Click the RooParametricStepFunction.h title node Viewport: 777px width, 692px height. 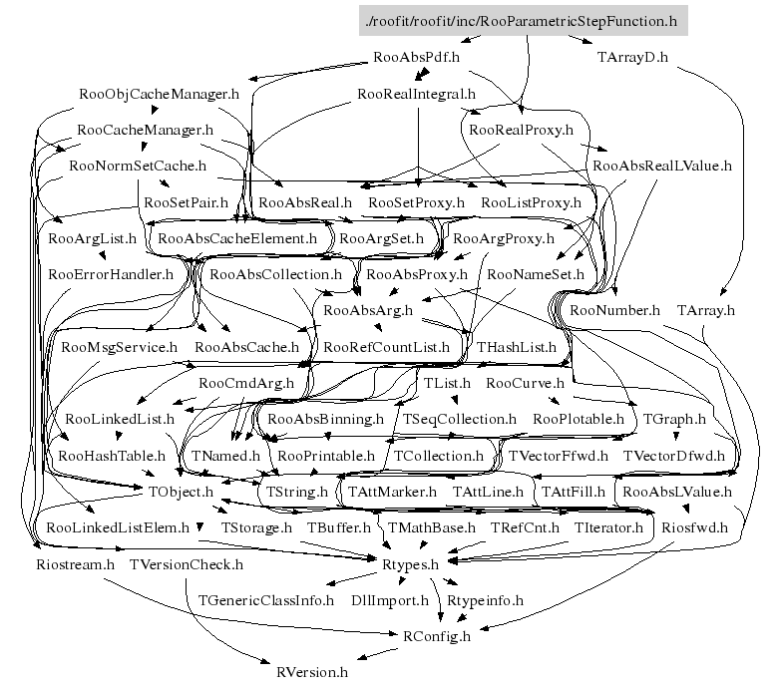tap(524, 20)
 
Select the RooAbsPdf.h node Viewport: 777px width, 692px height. tap(415, 57)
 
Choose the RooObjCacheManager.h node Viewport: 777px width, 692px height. tap(159, 94)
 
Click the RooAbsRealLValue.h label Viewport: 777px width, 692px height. tap(662, 166)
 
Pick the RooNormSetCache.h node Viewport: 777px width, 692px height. tap(138, 166)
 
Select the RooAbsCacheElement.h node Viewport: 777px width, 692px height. tap(237, 238)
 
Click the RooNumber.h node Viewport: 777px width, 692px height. tap(615, 310)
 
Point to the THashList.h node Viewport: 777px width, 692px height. tap(517, 347)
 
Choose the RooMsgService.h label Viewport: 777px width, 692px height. tap(119, 347)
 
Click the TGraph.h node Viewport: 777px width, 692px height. tap(674, 419)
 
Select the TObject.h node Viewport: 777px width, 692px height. tap(182, 491)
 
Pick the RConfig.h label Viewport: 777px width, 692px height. tap(436, 636)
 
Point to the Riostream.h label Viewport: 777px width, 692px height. tap(74, 564)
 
